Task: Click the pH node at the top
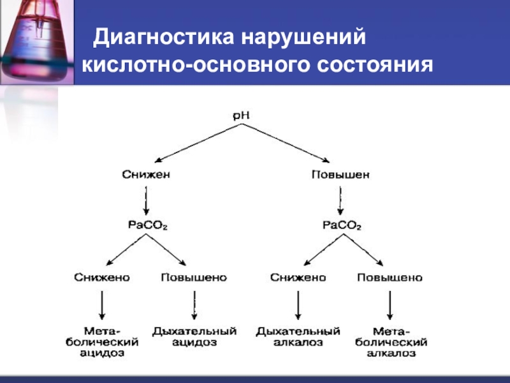[x=242, y=116]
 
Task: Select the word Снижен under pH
[x=146, y=174]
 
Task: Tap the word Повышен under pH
[x=340, y=175]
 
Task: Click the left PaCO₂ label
[x=148, y=225]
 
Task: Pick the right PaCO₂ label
[x=342, y=225]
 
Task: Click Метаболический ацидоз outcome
[x=102, y=342]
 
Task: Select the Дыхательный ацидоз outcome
[x=194, y=337]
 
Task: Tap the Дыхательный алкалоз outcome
[x=298, y=337]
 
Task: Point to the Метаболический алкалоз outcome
[x=391, y=342]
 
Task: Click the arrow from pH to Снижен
[x=198, y=143]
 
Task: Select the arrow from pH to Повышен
[x=285, y=143]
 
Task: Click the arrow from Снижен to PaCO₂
[x=146, y=200]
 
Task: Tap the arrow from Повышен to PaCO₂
[x=340, y=200]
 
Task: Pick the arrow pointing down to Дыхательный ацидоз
[x=194, y=305]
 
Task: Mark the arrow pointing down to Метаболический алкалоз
[x=390, y=305]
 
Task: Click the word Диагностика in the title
[x=164, y=37]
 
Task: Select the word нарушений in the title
[x=303, y=38]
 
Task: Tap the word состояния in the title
[x=375, y=65]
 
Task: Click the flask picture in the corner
[x=37, y=42]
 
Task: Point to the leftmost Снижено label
[x=102, y=278]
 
